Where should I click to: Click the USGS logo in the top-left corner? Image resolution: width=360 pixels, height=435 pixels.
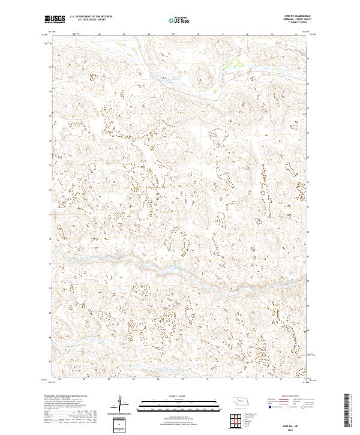click(x=55, y=19)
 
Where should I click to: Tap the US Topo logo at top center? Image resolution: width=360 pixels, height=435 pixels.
click(x=179, y=20)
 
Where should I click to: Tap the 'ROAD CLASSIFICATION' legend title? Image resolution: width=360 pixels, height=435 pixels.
click(x=288, y=397)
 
